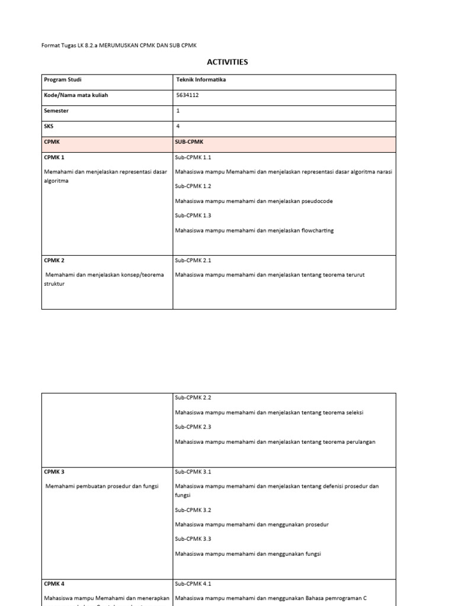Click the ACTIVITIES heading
coord(227,62)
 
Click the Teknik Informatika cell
coord(201,79)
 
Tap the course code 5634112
coord(188,95)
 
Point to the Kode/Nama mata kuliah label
coord(76,95)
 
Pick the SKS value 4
coord(178,125)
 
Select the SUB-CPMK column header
coord(190,142)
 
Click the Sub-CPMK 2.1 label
coord(193,260)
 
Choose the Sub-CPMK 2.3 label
coord(193,427)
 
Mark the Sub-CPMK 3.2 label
coord(193,510)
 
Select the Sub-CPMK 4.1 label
coord(193,584)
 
